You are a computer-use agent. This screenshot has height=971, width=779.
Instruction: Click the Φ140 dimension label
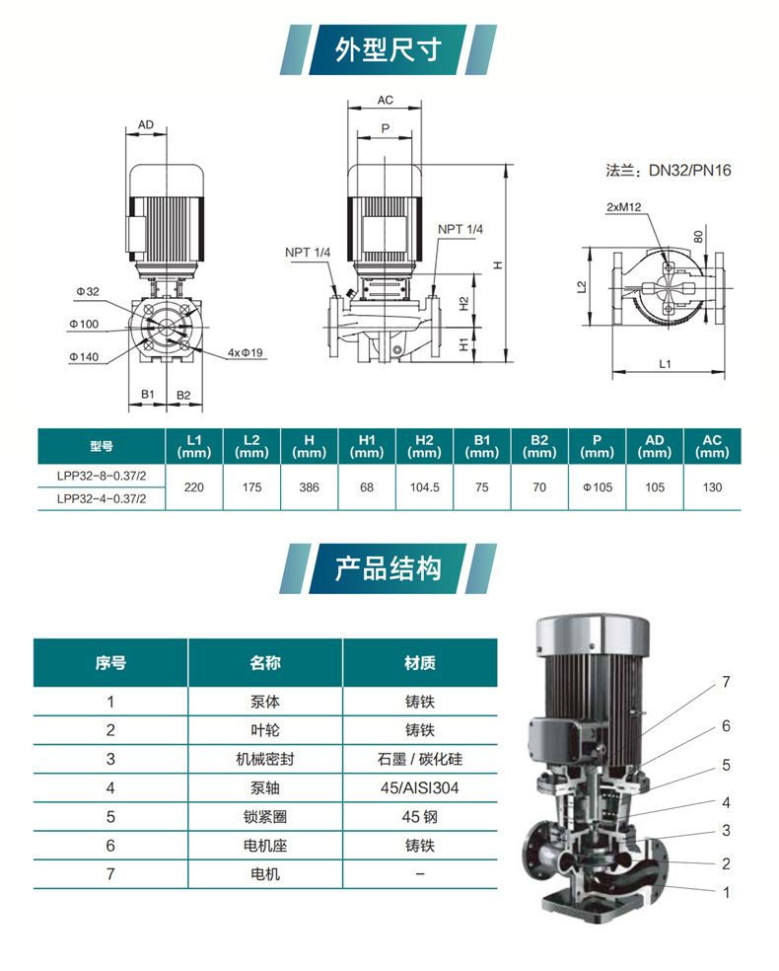pos(85,354)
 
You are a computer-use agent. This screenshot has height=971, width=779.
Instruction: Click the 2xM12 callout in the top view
pos(624,207)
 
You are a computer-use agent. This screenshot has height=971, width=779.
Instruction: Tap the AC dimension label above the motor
pos(386,101)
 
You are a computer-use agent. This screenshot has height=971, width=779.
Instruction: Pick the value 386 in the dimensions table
pos(309,487)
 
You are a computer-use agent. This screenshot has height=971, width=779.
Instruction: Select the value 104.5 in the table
pos(424,487)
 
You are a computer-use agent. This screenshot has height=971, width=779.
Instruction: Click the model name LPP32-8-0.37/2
pos(102,476)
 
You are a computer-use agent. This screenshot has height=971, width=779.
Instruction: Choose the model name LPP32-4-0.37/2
pos(102,499)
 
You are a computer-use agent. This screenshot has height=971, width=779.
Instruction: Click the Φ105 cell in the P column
pos(597,487)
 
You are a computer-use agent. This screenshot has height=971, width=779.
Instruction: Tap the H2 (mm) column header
pos(424,446)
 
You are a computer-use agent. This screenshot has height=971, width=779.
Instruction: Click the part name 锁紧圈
pos(265,817)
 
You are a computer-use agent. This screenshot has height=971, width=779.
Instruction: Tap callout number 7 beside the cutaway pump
pos(725,682)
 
